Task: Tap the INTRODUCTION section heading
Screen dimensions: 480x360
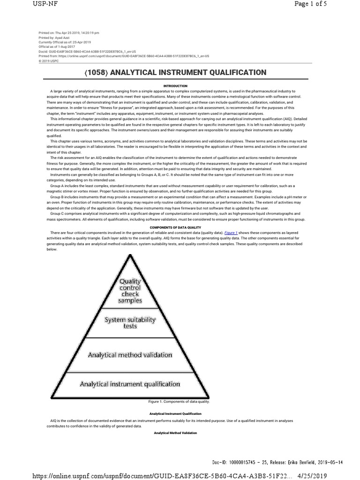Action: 175,86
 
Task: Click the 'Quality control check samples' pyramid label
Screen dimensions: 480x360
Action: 130,291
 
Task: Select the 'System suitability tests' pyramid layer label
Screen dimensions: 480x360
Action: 130,322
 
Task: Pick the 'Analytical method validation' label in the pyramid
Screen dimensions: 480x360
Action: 130,355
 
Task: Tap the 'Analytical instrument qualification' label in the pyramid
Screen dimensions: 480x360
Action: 130,384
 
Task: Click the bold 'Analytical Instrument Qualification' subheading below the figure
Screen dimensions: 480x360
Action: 175,413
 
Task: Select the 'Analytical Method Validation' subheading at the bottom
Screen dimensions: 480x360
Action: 175,433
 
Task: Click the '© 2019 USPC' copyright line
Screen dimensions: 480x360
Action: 49,60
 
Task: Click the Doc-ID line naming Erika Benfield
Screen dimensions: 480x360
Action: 277,462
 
